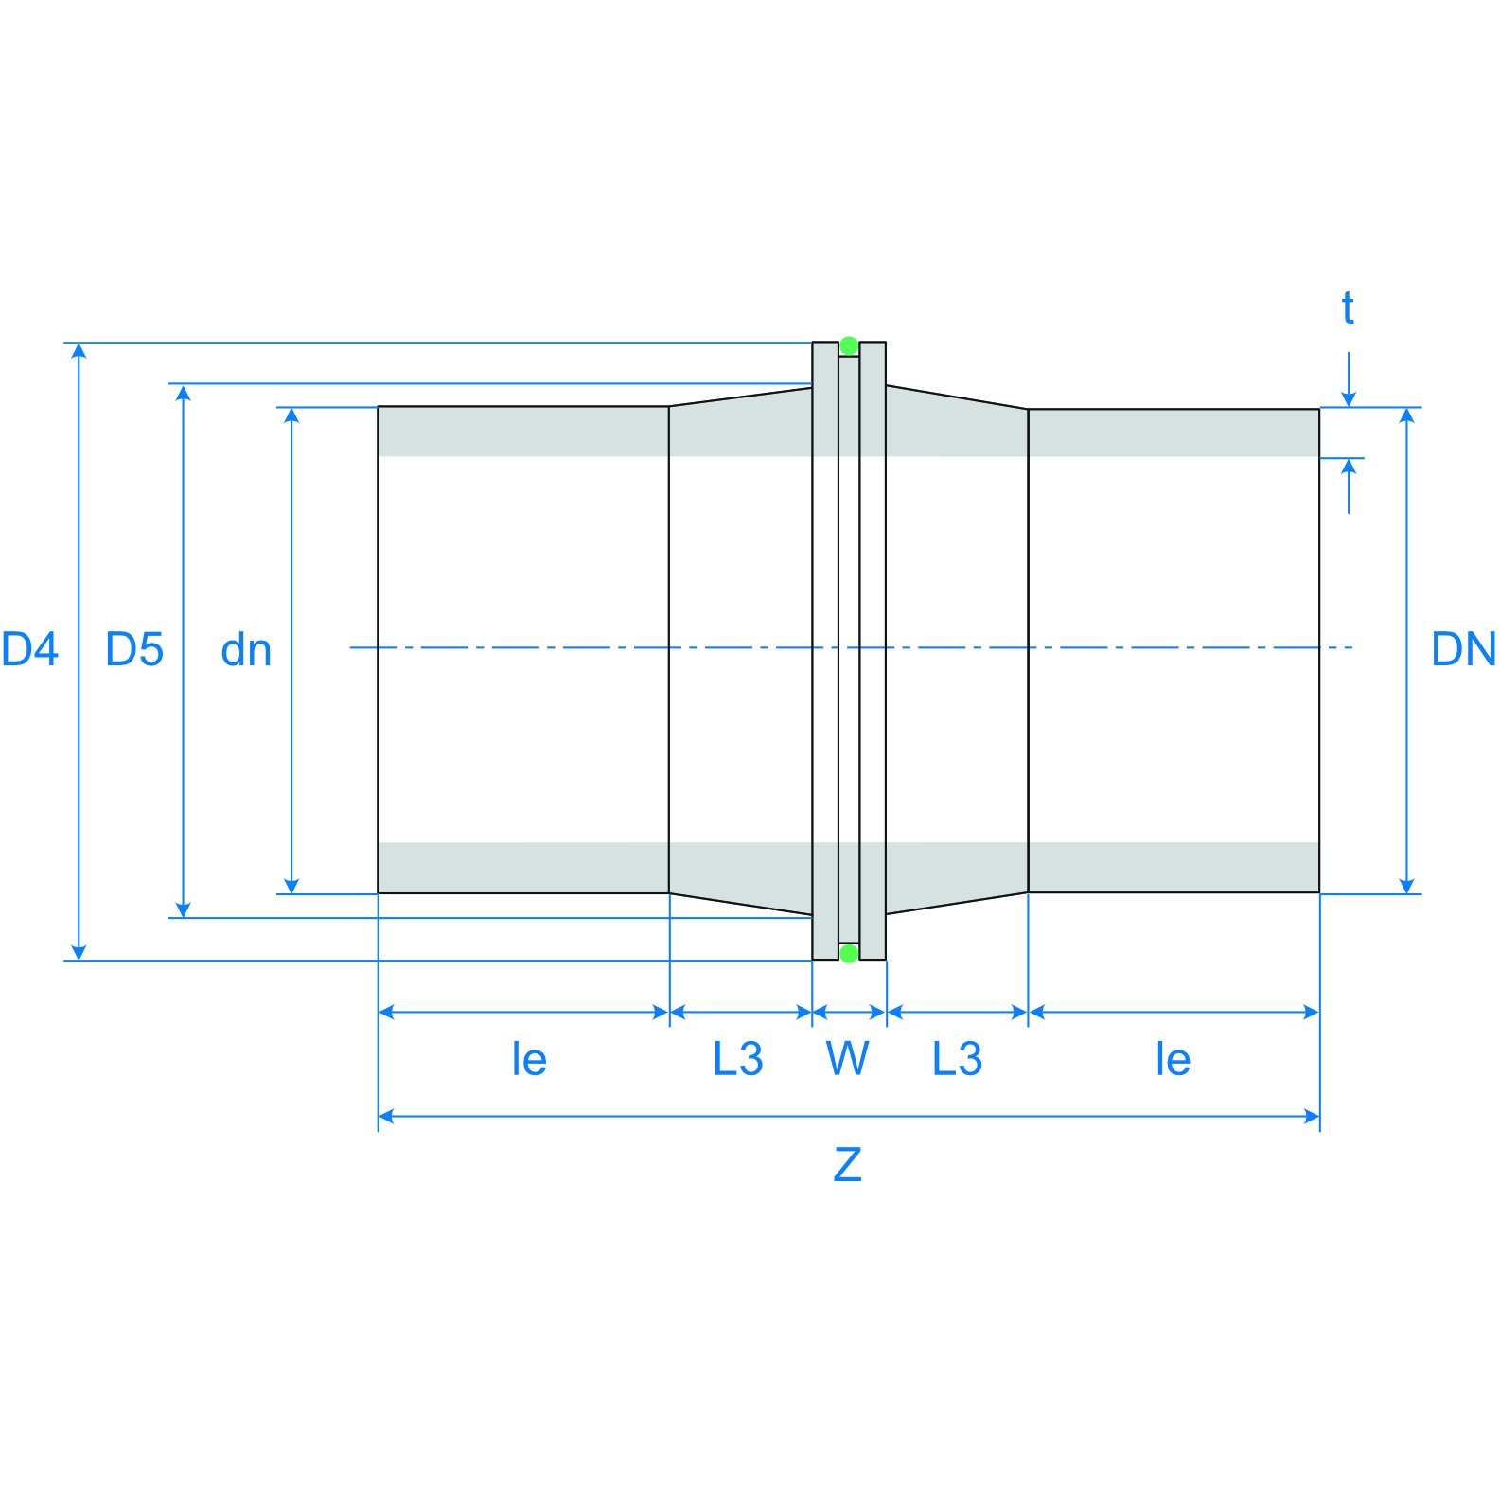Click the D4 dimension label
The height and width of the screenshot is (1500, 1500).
point(29,649)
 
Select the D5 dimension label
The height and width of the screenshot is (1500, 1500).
point(134,649)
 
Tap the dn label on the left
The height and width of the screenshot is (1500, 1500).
point(246,650)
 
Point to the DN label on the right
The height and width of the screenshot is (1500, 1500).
point(1463,649)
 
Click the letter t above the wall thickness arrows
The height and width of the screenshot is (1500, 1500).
point(1348,309)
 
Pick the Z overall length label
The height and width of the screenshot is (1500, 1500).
point(847,1164)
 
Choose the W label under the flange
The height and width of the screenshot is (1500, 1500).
point(847,1058)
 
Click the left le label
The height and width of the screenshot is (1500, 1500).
point(529,1059)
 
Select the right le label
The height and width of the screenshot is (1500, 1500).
point(1173,1059)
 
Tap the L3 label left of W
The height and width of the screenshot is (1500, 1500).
point(738,1058)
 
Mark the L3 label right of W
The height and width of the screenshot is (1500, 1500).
point(957,1058)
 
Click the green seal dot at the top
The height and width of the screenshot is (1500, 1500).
point(849,345)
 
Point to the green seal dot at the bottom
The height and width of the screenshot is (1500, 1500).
point(849,953)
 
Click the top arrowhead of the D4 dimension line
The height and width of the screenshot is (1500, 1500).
point(79,351)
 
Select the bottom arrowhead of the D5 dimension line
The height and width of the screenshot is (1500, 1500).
point(184,909)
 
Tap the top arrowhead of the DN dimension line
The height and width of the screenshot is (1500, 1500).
point(1407,415)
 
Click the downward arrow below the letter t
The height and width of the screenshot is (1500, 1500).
point(1349,398)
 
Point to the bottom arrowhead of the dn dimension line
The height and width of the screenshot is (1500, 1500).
point(291,886)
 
